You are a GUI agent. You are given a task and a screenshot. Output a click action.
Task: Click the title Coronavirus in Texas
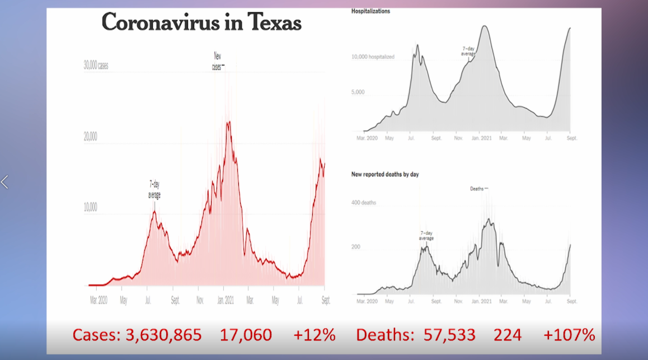point(201,22)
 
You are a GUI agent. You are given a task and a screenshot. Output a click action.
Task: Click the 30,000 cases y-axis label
point(96,66)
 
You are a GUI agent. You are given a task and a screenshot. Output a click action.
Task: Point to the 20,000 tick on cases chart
point(90,137)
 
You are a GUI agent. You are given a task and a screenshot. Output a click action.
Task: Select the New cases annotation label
point(218,61)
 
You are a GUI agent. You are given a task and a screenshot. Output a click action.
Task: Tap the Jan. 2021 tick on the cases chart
point(225,301)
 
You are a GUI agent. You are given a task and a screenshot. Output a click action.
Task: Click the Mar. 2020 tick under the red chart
point(98,301)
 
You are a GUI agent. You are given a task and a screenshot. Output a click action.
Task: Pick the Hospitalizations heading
point(370,11)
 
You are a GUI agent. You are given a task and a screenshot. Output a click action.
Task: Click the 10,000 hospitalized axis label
point(373,57)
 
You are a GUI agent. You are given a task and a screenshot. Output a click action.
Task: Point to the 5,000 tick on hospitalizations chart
point(358,92)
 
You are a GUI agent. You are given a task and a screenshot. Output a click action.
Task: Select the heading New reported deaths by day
point(385,175)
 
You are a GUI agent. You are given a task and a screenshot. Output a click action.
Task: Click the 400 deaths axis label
point(364,203)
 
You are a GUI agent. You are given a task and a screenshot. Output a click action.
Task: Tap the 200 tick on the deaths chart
point(356,247)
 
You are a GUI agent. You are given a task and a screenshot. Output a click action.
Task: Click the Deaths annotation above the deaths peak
point(477,189)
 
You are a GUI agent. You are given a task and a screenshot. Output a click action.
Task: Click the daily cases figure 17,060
point(246,335)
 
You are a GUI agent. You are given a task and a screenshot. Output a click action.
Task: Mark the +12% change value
point(314,335)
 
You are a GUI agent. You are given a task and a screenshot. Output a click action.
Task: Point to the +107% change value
point(569,335)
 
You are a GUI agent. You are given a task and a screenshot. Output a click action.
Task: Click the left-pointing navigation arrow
point(5,182)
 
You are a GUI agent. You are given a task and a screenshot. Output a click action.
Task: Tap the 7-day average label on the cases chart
point(154,190)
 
